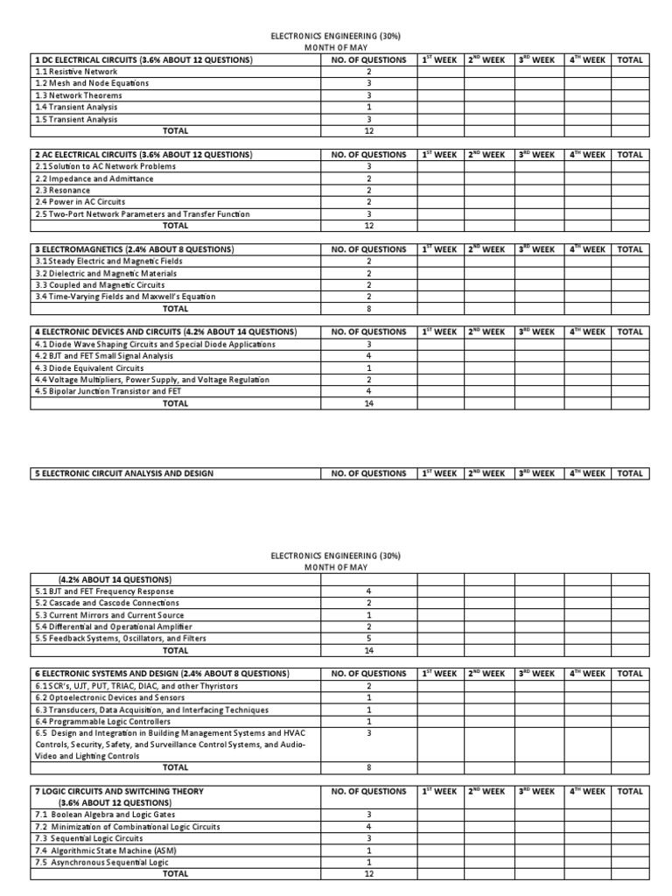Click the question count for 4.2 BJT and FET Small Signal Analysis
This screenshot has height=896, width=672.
368,356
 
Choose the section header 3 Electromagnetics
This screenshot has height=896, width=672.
134,249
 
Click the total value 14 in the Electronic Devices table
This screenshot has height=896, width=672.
368,403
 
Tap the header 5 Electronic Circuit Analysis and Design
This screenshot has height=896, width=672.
123,473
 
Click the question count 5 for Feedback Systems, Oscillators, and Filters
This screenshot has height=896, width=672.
368,639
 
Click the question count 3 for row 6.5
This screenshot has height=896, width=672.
368,732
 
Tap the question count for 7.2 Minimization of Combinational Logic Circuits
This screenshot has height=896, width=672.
368,826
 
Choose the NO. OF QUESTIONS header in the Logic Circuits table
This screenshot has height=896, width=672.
368,791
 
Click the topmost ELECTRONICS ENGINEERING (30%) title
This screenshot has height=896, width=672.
337,38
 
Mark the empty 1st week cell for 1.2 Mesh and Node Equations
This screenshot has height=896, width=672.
439,83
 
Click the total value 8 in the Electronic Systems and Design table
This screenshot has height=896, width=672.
368,767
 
